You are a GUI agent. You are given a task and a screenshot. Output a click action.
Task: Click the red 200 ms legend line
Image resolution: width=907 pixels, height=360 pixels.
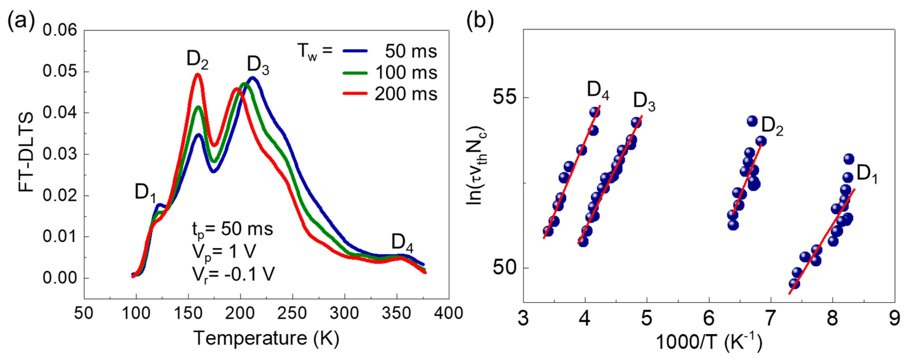point(355,94)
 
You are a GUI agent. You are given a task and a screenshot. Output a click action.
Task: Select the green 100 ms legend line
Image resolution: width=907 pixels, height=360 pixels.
point(355,73)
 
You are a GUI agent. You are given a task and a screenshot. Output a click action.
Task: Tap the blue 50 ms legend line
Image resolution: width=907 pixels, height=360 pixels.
point(355,51)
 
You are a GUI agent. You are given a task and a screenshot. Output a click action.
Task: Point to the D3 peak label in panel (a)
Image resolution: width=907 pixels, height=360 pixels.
point(258,65)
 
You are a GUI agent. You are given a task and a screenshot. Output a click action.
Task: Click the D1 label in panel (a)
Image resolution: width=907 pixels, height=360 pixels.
point(145,193)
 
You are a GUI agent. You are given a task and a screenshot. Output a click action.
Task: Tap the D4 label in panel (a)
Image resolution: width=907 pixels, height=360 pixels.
point(402,243)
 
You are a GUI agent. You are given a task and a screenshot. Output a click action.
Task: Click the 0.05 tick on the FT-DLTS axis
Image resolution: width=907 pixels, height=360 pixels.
point(60,71)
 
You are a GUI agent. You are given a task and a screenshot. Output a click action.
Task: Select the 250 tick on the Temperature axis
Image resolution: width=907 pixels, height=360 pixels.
point(292,313)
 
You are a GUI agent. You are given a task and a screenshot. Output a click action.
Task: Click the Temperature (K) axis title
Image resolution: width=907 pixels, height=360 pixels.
point(267,338)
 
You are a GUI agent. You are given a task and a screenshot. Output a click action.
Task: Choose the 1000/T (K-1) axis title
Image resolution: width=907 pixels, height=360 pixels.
point(709,341)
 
